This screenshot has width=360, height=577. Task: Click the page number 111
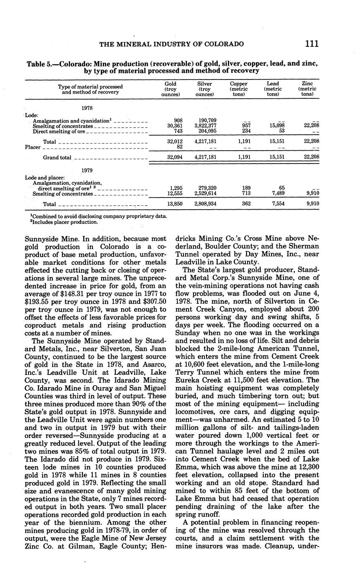pos(312,44)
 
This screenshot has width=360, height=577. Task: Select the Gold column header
pos(171,84)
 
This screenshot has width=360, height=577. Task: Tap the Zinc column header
pos(307,84)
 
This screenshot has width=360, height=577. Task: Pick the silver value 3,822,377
pos(205,126)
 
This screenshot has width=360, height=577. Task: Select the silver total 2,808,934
pos(205,204)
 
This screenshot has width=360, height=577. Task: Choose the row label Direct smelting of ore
pos(59,131)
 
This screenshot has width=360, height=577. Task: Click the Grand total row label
pos(57,158)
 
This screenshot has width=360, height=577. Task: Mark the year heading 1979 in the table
pos(87,171)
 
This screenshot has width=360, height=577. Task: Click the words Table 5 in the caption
pos(41,64)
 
